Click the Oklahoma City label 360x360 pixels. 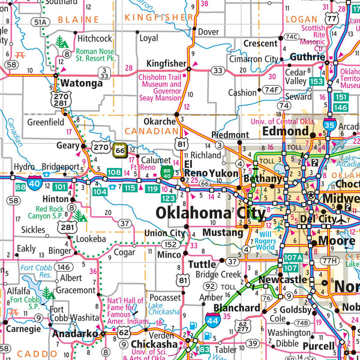(209, 213)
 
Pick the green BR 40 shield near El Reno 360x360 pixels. (167, 173)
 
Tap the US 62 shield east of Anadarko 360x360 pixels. (124, 331)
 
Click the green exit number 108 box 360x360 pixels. (114, 173)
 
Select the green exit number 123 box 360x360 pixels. (168, 197)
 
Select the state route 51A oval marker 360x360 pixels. (41, 22)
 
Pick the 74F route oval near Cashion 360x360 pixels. (272, 90)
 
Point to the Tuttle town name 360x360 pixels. (202, 264)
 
